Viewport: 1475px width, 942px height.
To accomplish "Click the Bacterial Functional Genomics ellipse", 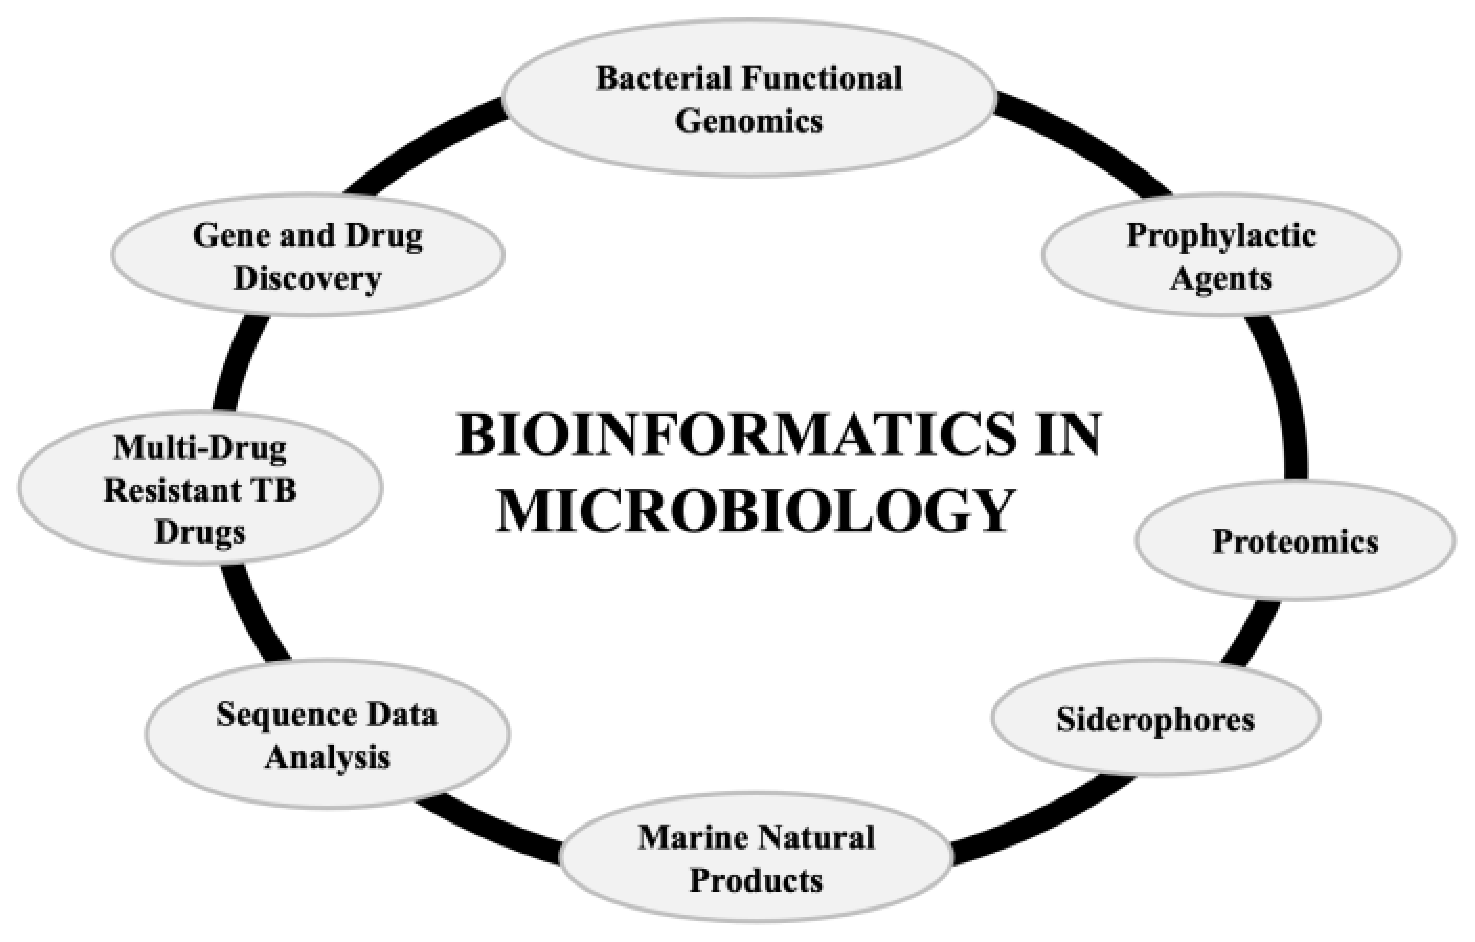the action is [x=749, y=98].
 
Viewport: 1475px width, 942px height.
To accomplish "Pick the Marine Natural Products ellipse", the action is [x=756, y=857].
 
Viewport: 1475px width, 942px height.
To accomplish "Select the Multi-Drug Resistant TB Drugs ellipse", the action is [x=200, y=488].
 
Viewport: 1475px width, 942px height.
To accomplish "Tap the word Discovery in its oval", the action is [x=307, y=279].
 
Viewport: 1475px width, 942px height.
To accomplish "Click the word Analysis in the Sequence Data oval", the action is [x=327, y=758].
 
